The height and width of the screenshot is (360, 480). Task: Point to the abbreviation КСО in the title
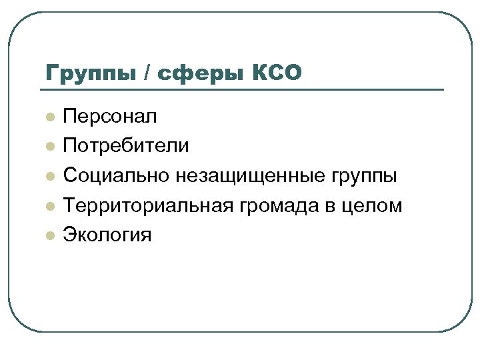[x=278, y=71]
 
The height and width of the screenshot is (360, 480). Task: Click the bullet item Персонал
[x=110, y=117]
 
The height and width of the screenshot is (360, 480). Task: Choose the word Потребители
[x=126, y=146]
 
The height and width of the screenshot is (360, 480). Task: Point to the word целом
[x=373, y=205]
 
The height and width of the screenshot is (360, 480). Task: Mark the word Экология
[x=107, y=235]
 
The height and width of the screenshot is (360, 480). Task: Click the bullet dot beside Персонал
[x=49, y=117]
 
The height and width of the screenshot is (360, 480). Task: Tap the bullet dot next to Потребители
[x=49, y=147]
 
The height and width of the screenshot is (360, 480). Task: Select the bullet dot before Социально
[x=49, y=176]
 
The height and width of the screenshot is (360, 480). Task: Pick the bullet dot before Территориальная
[x=49, y=205]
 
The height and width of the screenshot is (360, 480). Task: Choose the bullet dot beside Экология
[x=49, y=235]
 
